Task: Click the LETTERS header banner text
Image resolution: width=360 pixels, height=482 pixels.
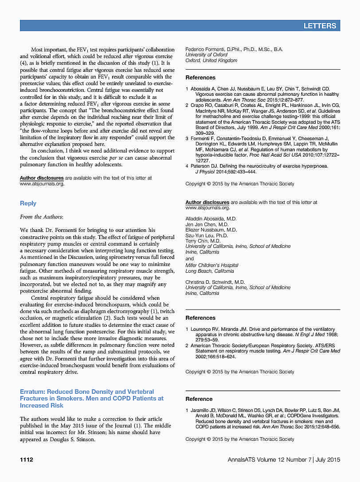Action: (x=320, y=26)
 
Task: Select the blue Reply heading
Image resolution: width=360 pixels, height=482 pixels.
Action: (x=28, y=203)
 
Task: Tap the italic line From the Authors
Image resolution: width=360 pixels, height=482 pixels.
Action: (x=42, y=217)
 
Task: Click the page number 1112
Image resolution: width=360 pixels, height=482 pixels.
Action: (x=27, y=459)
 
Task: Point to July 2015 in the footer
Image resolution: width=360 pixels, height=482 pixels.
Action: (x=329, y=459)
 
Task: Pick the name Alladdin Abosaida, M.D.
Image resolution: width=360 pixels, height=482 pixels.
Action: (x=211, y=219)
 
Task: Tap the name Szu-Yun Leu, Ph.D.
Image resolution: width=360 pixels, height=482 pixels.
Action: (x=207, y=235)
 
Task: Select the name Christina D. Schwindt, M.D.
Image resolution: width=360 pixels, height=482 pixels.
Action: (x=215, y=282)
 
